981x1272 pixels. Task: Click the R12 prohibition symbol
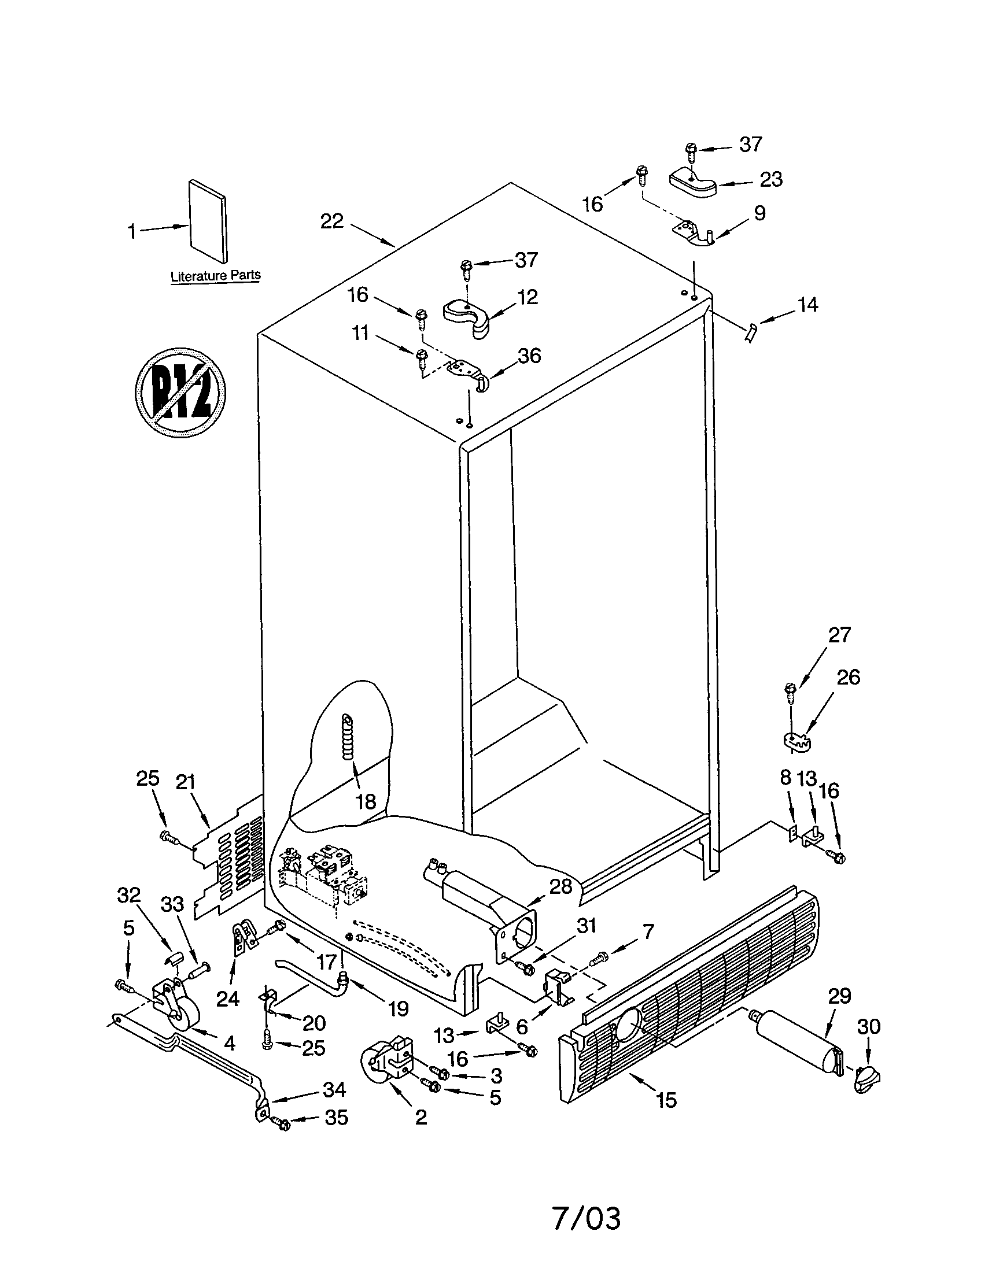click(180, 393)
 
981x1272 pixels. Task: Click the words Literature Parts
click(216, 275)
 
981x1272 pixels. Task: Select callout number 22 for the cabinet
click(332, 221)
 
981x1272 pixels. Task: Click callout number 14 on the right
click(807, 305)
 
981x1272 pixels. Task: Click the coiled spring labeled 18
click(348, 736)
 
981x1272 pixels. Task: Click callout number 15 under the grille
click(666, 1100)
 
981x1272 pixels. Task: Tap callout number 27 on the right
click(839, 634)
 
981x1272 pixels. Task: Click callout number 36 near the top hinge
click(529, 355)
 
